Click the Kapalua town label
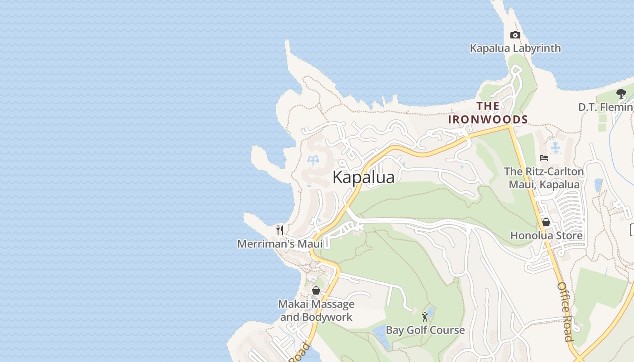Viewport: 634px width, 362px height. pos(363,177)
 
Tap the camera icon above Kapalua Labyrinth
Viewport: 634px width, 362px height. pos(515,35)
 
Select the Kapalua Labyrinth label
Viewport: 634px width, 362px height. pos(515,48)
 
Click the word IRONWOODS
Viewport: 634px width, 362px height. pos(488,119)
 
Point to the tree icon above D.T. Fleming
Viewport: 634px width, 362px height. pos(621,94)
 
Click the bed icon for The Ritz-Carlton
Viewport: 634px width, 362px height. pos(544,158)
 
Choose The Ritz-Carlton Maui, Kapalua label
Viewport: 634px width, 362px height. pos(544,178)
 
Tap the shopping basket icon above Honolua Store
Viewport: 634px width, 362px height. pos(546,222)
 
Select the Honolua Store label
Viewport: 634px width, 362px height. pos(546,236)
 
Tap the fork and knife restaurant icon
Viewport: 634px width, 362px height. pos(280,230)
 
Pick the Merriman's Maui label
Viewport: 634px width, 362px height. pos(280,244)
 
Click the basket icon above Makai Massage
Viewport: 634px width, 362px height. pos(316,291)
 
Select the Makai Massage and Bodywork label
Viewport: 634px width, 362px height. pos(316,310)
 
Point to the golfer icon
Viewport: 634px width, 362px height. pos(425,317)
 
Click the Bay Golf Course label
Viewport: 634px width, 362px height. pos(425,330)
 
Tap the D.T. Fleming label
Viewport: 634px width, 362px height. pos(606,107)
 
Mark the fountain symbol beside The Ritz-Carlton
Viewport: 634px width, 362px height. pos(556,148)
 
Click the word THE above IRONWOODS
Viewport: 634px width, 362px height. pos(488,106)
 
